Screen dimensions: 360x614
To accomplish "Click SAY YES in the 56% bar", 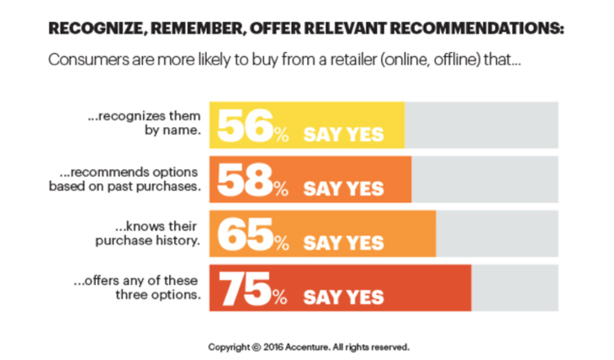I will [343, 135].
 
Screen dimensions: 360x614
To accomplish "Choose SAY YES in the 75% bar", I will [343, 297].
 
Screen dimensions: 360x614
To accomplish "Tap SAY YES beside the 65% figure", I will [343, 243].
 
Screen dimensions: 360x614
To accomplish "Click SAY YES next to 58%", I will [343, 188].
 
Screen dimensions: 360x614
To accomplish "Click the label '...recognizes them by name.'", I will [144, 124].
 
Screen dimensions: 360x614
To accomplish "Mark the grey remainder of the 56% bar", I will [481, 125].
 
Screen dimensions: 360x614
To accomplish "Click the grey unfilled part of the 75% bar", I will [514, 288].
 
